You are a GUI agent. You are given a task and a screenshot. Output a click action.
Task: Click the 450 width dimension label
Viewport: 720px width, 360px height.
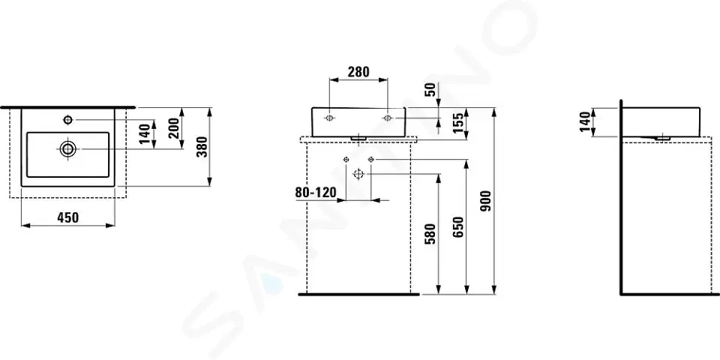coord(68,217)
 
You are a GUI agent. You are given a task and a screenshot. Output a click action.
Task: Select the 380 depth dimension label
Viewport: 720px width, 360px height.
coord(202,147)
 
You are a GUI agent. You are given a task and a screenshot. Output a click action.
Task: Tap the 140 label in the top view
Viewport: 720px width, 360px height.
coord(145,133)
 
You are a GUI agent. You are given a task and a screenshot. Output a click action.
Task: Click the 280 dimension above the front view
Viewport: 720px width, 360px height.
coord(358,72)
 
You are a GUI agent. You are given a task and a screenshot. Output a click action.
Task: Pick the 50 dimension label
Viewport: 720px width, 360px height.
coord(430,89)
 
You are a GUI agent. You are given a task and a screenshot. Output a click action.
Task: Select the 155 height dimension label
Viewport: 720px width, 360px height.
coord(457,124)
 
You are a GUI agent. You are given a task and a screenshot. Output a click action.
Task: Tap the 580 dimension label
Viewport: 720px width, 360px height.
coord(431,234)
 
